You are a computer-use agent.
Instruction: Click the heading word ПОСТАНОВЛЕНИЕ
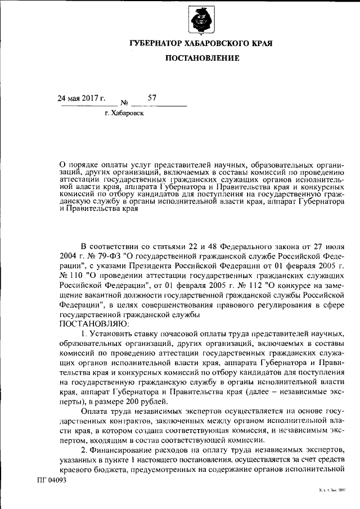pos(202,58)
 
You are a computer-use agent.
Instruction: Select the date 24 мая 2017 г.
pos(82,98)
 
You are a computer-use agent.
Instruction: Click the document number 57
pos(152,98)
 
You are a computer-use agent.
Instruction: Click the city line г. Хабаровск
pos(124,114)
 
